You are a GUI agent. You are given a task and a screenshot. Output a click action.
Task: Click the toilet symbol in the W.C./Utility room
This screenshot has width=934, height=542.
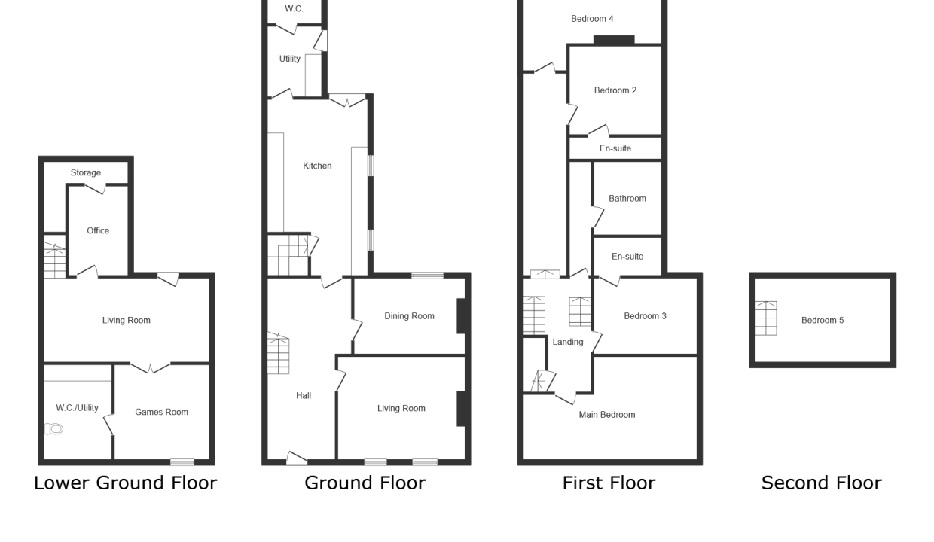pos(53,428)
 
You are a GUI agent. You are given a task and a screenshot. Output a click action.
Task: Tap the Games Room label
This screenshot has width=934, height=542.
pos(161,412)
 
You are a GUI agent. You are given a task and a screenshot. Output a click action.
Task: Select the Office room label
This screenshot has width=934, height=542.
pos(98,231)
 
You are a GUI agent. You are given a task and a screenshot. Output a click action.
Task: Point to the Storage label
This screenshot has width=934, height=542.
pos(85,172)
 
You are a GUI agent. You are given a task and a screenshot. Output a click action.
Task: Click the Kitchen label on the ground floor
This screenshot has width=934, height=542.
pos(317,166)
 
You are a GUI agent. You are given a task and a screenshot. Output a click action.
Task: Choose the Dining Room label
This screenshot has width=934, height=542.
pos(409,316)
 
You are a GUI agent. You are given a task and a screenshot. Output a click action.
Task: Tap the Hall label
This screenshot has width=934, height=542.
pos(304,396)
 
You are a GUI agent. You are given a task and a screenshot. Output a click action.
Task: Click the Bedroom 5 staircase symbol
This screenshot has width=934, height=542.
pos(766,318)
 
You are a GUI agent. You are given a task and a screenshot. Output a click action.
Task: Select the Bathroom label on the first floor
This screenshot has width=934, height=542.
pos(627,199)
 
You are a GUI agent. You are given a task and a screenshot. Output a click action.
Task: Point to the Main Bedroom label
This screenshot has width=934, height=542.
pos(607,415)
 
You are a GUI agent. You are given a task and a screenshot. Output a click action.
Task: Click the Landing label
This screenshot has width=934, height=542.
pos(567,342)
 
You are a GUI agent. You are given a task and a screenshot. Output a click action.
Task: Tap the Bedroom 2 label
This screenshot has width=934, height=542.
pos(615,90)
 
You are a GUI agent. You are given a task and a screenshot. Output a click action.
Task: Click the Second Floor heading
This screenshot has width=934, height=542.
pos(822,483)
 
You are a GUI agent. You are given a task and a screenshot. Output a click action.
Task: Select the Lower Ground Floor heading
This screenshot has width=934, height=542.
pos(126,483)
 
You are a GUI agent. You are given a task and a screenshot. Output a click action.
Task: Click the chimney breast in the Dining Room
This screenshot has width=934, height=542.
pos(461,316)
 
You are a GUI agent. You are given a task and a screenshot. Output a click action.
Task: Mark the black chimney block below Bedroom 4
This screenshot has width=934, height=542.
pos(614,40)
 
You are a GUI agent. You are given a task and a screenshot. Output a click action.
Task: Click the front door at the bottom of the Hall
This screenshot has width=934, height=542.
pos(297,458)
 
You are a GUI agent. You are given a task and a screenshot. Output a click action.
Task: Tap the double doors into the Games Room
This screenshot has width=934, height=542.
pos(150,367)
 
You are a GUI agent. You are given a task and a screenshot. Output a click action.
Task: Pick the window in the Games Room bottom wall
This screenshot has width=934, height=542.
pos(182,462)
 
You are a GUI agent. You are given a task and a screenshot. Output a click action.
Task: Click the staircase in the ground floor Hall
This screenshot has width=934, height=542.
pos(278,353)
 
